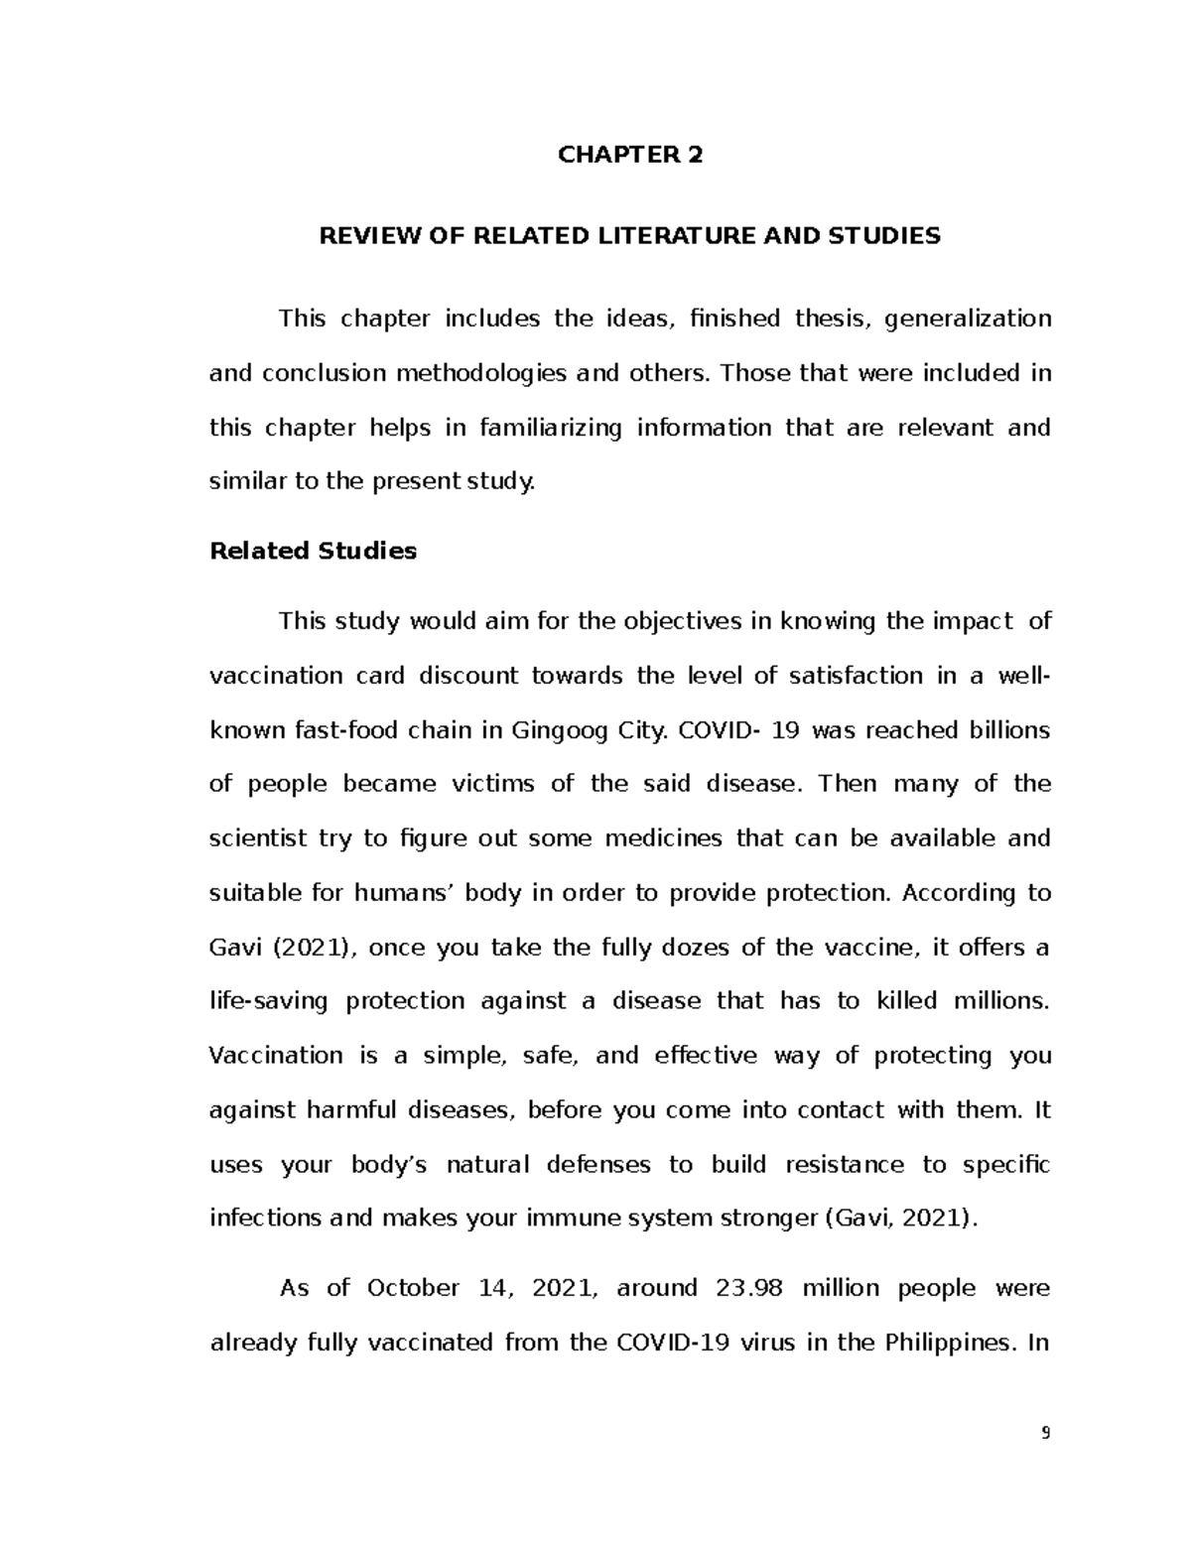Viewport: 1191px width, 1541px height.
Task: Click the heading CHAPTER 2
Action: click(x=630, y=155)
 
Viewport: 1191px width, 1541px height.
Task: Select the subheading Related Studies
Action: click(x=313, y=551)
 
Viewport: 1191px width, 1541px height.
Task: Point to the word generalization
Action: click(x=968, y=319)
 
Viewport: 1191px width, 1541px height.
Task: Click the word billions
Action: click(x=1002, y=730)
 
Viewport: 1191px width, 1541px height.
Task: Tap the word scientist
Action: click(x=257, y=838)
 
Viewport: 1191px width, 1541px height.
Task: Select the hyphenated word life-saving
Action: click(x=268, y=1001)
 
